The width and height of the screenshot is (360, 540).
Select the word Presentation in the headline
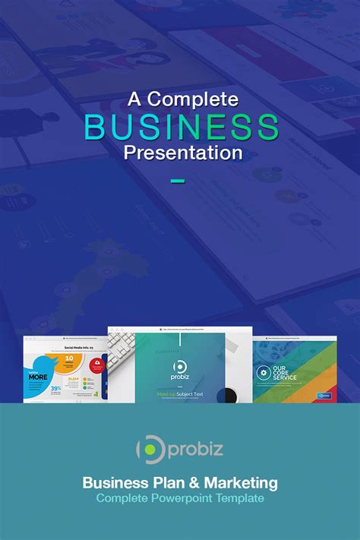[x=183, y=152]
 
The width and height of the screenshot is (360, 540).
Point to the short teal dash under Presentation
[x=178, y=181]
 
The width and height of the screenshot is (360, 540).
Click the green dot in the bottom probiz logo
[x=150, y=450]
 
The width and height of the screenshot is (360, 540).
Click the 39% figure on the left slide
[x=55, y=387]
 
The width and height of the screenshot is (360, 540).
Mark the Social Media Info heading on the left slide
[x=76, y=346]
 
